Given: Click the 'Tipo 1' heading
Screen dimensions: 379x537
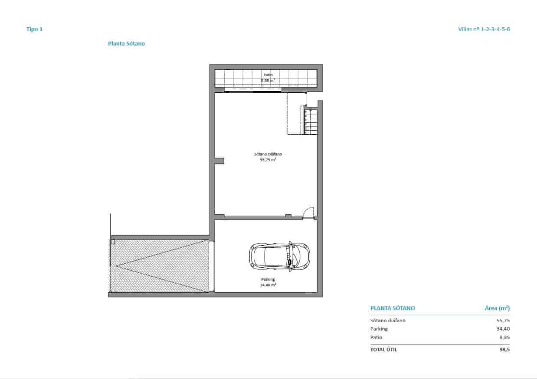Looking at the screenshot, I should pos(35,29).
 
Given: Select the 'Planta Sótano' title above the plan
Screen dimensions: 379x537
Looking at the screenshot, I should pos(126,44).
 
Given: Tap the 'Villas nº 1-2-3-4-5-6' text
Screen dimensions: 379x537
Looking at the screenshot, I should pos(484,29).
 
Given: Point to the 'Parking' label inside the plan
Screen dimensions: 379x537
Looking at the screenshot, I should pos(268,279).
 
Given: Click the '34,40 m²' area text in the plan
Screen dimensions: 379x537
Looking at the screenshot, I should pos(268,285).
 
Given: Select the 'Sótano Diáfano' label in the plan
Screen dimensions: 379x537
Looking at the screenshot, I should pos(268,154).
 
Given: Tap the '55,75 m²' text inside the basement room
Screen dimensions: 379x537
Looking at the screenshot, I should pos(268,160).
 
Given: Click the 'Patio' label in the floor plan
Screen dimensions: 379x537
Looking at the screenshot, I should pos(268,75).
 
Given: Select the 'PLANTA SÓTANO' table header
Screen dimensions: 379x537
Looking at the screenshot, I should pos(393,308).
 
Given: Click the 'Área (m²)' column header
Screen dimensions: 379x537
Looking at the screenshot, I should pos(497,308).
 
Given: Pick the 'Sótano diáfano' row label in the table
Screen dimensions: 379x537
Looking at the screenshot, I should pos(388,321).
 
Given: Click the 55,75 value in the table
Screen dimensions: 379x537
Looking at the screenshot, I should pos(503,321).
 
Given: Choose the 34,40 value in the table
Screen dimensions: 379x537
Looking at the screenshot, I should pos(503,329).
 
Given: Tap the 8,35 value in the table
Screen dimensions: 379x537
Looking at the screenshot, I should pos(504,337).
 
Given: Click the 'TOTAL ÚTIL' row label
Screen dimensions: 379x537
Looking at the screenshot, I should pos(383,350).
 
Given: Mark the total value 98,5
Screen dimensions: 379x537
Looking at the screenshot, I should pos(504,350).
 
